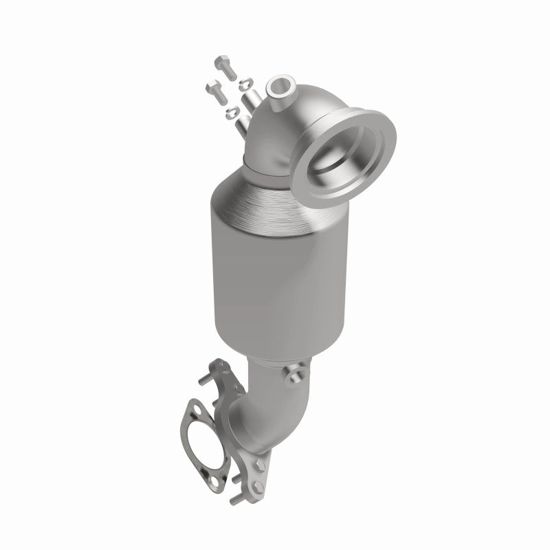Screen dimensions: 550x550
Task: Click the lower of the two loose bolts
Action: [214, 90]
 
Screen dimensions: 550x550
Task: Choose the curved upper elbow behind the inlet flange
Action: [265, 137]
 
